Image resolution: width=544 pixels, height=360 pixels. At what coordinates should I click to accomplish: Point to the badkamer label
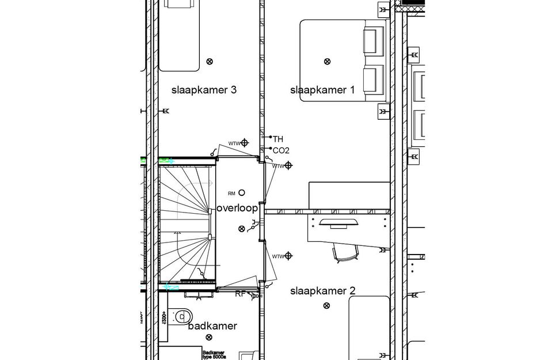212,326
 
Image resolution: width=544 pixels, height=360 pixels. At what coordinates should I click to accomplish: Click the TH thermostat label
278,139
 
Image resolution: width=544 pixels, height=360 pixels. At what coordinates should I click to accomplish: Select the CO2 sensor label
281,151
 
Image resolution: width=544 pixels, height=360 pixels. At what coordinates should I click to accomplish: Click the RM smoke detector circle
242,192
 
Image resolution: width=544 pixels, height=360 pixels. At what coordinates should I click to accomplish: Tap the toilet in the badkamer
184,316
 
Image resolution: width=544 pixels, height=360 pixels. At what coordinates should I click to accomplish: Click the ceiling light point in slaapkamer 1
327,61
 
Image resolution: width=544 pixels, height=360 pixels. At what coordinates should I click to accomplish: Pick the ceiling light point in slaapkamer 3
210,61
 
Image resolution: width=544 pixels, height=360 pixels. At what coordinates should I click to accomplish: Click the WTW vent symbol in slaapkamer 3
245,142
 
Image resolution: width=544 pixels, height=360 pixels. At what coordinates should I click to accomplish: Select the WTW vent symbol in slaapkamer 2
289,256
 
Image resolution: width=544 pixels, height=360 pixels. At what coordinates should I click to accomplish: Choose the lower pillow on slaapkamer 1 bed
373,78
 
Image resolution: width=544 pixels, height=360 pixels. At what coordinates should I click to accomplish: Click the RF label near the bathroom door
240,294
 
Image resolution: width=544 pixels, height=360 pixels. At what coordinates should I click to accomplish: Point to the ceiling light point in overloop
241,229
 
